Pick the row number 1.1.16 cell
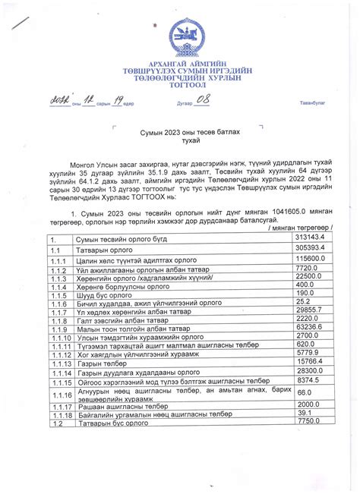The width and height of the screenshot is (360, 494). tap(61, 394)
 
